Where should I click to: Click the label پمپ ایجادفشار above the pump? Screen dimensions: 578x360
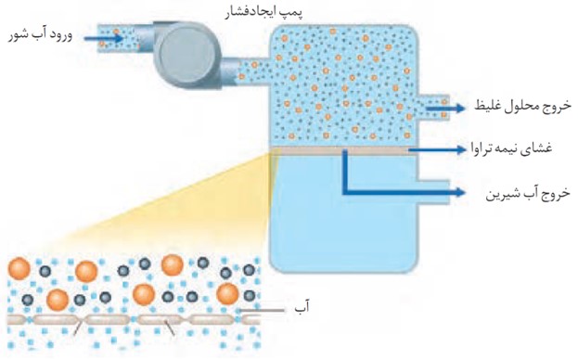pyautogui.click(x=263, y=12)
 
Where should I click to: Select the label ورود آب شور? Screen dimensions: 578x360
pyautogui.click(x=41, y=36)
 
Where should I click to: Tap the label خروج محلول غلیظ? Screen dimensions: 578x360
pyautogui.click(x=522, y=107)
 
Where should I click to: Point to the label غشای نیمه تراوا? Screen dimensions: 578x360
pyautogui.click(x=511, y=148)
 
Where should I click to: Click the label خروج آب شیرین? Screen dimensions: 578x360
pyautogui.click(x=528, y=194)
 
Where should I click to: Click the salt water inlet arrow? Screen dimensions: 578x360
pyautogui.click(x=104, y=38)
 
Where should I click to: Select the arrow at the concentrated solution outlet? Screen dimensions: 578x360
pyautogui.click(x=445, y=108)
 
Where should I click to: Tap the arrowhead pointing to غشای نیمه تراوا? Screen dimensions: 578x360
pyautogui.click(x=460, y=149)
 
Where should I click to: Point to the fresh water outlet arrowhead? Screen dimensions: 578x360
pyautogui.click(x=460, y=192)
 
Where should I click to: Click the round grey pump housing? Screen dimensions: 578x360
pyautogui.click(x=187, y=56)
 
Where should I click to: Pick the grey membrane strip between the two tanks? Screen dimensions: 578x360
pyautogui.click(x=343, y=150)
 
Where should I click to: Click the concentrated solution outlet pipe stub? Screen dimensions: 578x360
pyautogui.click(x=434, y=108)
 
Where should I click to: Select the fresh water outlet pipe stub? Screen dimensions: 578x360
pyautogui.click(x=434, y=192)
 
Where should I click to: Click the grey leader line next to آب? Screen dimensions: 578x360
pyautogui.click(x=262, y=311)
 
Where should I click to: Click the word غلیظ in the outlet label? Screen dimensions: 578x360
pyautogui.click(x=487, y=107)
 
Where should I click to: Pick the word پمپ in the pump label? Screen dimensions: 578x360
pyautogui.click(x=291, y=13)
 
